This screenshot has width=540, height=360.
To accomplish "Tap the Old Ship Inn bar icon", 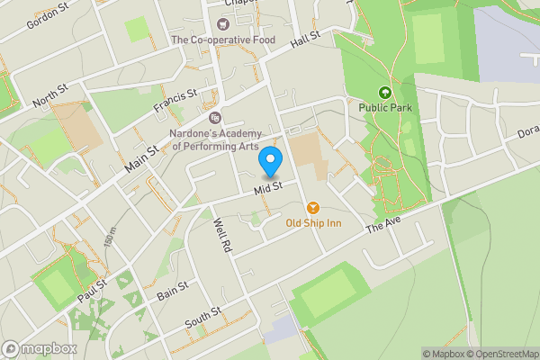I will pyautogui.click(x=312, y=207).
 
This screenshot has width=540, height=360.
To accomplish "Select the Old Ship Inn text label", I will pyautogui.click(x=312, y=223).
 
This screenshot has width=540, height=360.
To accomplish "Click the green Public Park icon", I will pyautogui.click(x=385, y=92).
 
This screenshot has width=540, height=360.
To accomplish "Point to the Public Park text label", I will pyautogui.click(x=385, y=108).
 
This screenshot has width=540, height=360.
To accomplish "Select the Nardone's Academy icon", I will pyautogui.click(x=214, y=117).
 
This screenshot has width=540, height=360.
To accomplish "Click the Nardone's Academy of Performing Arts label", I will pyautogui.click(x=215, y=139).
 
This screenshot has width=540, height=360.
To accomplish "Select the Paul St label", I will pyautogui.click(x=92, y=291).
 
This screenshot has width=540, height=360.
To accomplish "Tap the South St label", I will pyautogui.click(x=203, y=318).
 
